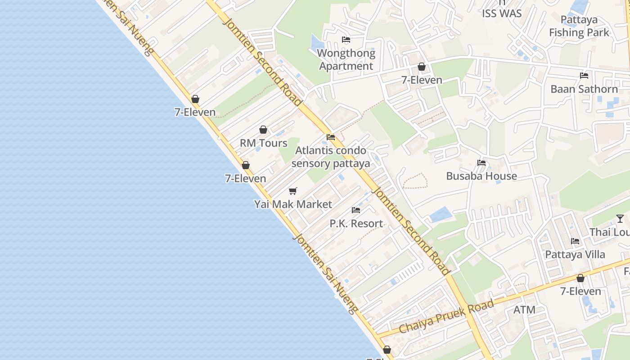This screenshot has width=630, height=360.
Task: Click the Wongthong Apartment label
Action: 346,60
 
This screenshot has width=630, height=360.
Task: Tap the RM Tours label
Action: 263,143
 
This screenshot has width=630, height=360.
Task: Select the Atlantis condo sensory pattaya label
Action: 331,157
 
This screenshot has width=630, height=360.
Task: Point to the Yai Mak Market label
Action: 293,204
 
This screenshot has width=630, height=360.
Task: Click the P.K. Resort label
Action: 356,224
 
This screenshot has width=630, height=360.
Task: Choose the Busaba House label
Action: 481,176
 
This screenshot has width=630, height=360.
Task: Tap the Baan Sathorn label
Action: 584,89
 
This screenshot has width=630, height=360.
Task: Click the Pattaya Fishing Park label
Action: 579,26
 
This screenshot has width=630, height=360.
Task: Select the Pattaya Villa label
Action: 575,255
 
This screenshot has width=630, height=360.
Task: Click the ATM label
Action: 524,310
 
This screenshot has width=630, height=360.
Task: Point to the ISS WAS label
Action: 502,13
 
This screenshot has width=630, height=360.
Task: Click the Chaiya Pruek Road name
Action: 446,317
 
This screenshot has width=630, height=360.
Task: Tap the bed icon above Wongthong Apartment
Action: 346,40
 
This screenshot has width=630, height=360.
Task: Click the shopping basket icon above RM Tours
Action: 263,130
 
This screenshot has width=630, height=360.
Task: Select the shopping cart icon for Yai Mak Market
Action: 293,191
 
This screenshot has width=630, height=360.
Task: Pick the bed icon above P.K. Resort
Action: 356,210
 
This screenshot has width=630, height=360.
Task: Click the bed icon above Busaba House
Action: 481,163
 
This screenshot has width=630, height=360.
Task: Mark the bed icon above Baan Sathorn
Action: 584,76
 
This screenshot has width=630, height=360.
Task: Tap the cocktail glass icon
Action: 620,219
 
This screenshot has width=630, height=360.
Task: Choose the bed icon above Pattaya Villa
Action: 575,241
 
